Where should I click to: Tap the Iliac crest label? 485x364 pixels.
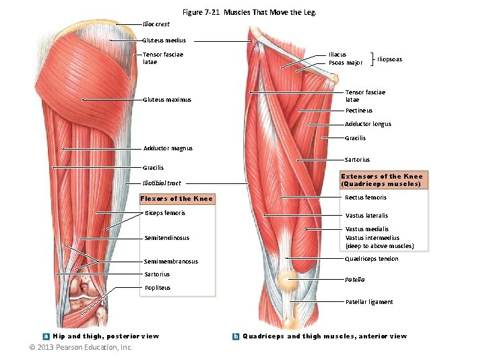pyautogui.click(x=156, y=24)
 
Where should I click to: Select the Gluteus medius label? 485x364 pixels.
pyautogui.click(x=164, y=40)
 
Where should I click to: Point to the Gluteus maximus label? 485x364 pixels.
pyautogui.click(x=166, y=100)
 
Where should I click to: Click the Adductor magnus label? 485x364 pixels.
pyautogui.click(x=168, y=148)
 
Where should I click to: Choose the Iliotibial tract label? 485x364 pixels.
pyautogui.click(x=162, y=183)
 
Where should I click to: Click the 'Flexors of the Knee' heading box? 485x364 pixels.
pyautogui.click(x=176, y=199)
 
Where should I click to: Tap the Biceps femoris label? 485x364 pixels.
pyautogui.click(x=165, y=213)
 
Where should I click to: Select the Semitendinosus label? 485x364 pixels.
pyautogui.click(x=166, y=237)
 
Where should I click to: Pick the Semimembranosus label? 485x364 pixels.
pyautogui.click(x=171, y=262)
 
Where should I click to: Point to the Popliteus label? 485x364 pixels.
pyautogui.click(x=158, y=288)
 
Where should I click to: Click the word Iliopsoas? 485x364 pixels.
pyautogui.click(x=389, y=59)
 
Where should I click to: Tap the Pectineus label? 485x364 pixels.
pyautogui.click(x=358, y=111)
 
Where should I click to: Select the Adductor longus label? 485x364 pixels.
pyautogui.click(x=368, y=124)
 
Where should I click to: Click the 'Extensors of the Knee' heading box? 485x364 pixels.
pyautogui.click(x=382, y=180)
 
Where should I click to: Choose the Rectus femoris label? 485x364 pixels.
pyautogui.click(x=366, y=198)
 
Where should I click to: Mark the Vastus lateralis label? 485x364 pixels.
pyautogui.click(x=366, y=216)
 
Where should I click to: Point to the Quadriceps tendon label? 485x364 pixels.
pyautogui.click(x=371, y=259)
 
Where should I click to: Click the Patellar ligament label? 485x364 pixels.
pyautogui.click(x=369, y=302)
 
